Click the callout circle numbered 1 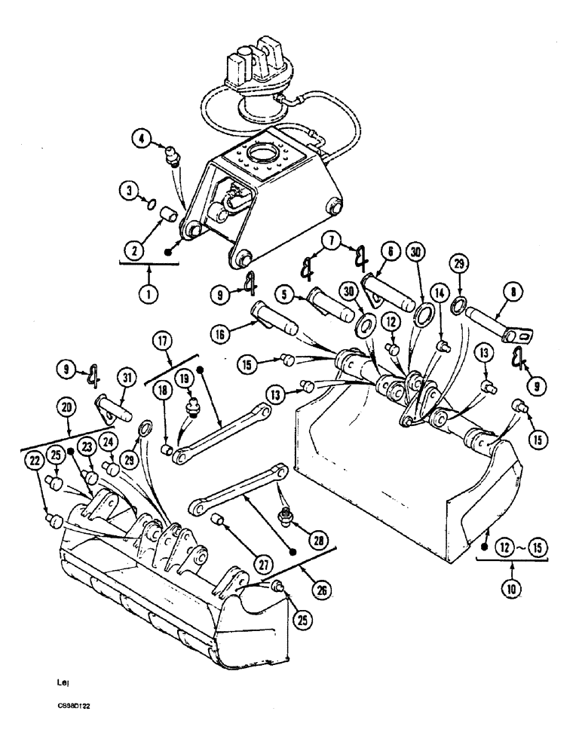[x=149, y=293]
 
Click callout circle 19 [x=185, y=375]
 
